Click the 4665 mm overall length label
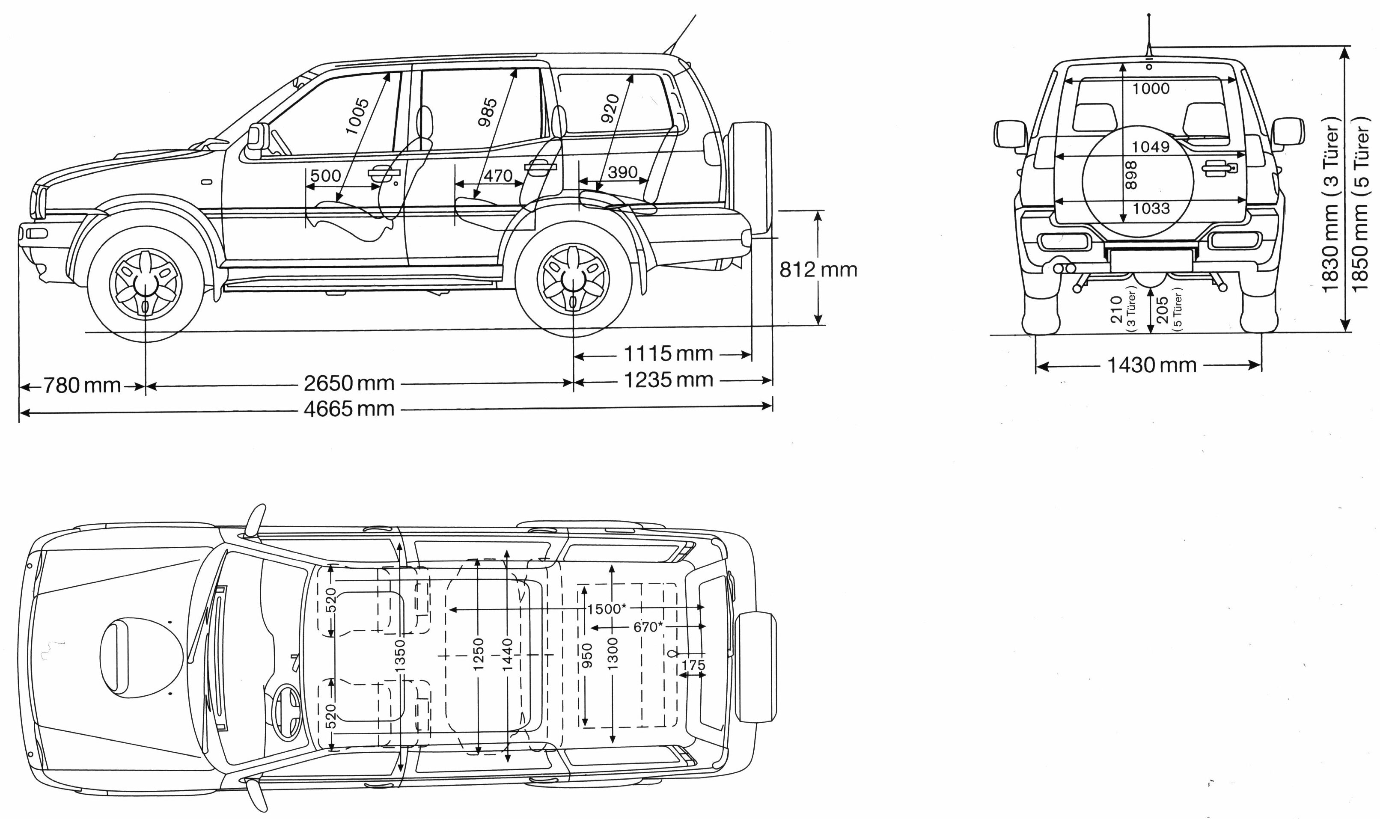coord(349,409)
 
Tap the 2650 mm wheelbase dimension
coord(349,383)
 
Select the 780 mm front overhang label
coord(82,385)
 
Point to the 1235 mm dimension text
coord(669,380)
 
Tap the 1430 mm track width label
coord(1151,365)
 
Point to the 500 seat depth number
coord(325,175)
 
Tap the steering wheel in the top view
coord(287,712)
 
